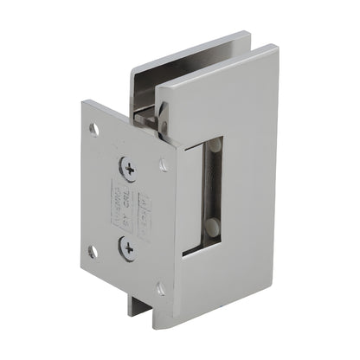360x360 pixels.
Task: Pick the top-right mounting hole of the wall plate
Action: tap(164, 164)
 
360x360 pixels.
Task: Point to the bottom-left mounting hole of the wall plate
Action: tap(93, 251)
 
